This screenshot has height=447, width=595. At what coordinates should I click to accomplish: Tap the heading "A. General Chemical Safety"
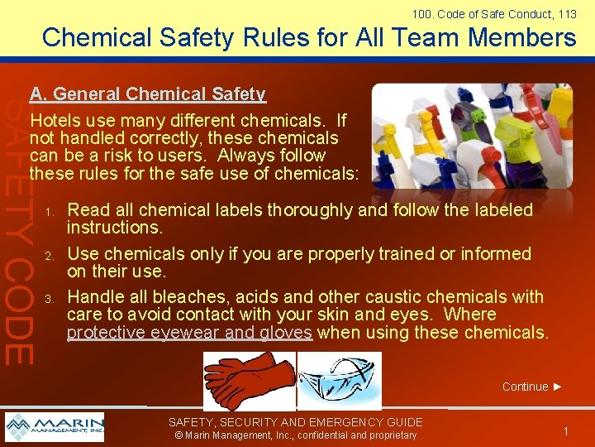pos(147,94)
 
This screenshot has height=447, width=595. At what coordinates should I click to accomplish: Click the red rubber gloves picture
pos(248,380)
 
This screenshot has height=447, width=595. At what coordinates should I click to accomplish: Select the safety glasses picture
pos(339,382)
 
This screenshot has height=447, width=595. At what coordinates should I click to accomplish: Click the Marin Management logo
pos(55,427)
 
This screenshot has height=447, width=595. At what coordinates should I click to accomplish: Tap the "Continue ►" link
pos(532,387)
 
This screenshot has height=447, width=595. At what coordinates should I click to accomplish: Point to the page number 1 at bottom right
pos(565,431)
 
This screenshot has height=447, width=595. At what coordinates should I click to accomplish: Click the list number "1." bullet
pos(50,212)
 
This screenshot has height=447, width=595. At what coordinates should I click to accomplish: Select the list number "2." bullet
pos(50,255)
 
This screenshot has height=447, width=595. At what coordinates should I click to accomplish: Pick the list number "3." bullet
pos(50,298)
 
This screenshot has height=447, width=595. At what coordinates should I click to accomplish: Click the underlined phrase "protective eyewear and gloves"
pos(189,333)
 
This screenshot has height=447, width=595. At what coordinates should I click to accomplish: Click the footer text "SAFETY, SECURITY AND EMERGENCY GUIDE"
pos(296,422)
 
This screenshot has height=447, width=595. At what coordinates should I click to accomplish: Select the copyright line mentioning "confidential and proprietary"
pos(295,435)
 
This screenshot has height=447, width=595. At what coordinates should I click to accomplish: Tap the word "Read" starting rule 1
pos(85,210)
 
